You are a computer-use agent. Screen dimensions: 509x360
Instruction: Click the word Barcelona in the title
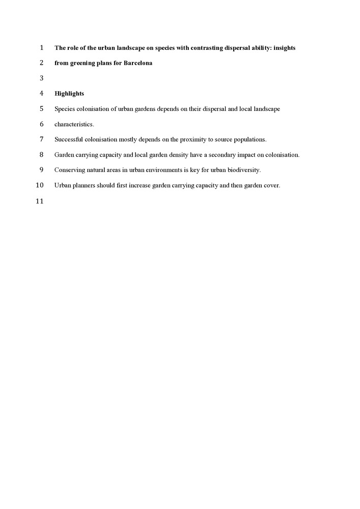[x=138, y=63]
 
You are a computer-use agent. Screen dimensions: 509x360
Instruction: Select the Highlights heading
[x=69, y=94]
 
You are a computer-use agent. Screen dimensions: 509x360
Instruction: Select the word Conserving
[x=69, y=170]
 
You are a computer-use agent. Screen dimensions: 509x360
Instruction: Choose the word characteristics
[x=74, y=124]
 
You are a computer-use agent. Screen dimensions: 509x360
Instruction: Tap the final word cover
[x=272, y=185]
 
